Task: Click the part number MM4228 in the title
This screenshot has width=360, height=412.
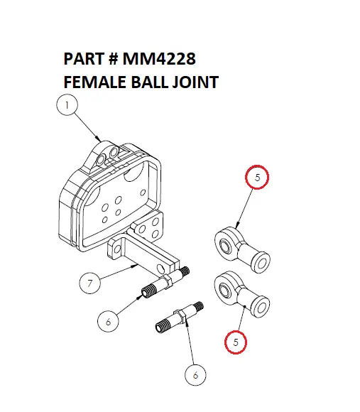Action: (x=162, y=58)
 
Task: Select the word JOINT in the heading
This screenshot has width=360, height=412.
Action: (x=192, y=82)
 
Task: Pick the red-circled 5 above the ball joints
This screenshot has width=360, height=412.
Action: (x=257, y=178)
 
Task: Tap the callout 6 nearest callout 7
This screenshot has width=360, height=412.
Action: (x=108, y=321)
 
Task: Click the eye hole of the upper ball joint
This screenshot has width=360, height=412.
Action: (x=225, y=245)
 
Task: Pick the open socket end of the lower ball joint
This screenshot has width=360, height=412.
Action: (x=266, y=307)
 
